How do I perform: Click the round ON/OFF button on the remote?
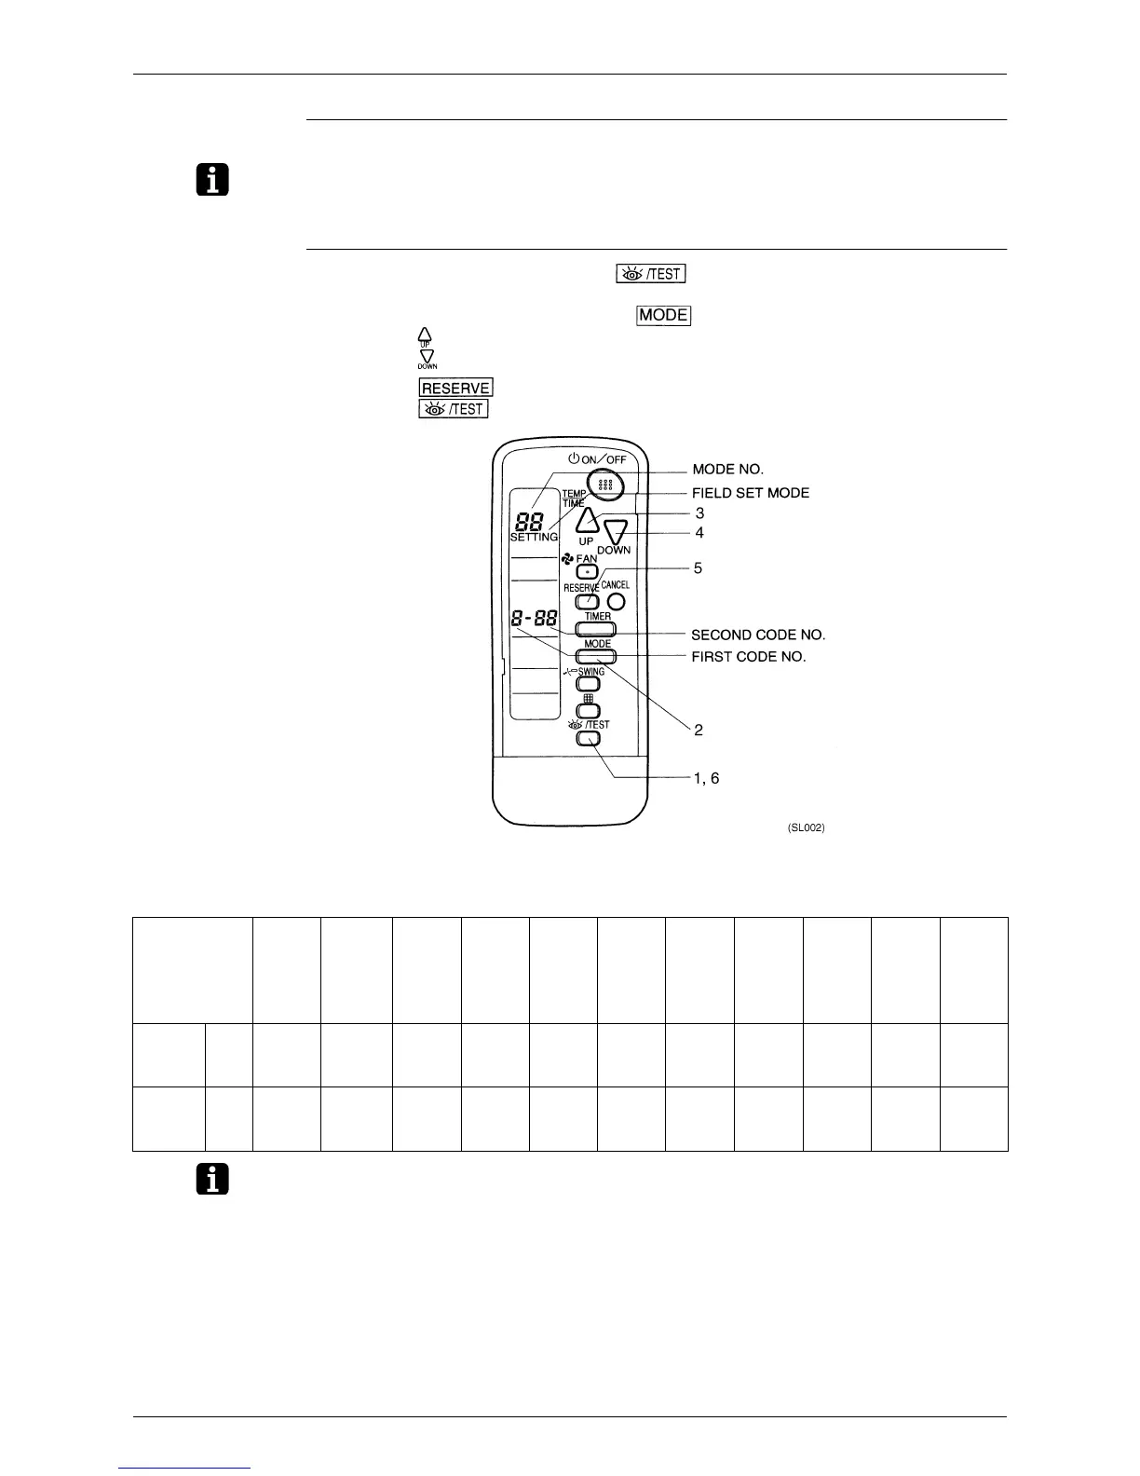click(605, 485)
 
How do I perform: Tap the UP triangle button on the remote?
click(586, 520)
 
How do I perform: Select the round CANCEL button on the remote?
click(616, 602)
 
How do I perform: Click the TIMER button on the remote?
click(597, 629)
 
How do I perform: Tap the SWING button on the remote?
click(589, 684)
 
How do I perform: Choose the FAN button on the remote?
click(587, 569)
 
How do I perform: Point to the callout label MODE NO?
click(727, 469)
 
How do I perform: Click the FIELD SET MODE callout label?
click(750, 493)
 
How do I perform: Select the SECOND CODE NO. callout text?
click(758, 635)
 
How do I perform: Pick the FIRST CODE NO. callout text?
click(749, 656)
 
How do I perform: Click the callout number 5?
click(698, 567)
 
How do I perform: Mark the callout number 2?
click(699, 730)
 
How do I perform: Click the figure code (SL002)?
click(806, 828)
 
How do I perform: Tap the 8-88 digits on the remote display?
click(535, 617)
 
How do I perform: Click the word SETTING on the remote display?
click(534, 538)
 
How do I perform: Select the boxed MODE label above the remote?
click(663, 315)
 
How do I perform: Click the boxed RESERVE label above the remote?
click(455, 388)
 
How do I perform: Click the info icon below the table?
click(213, 1181)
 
